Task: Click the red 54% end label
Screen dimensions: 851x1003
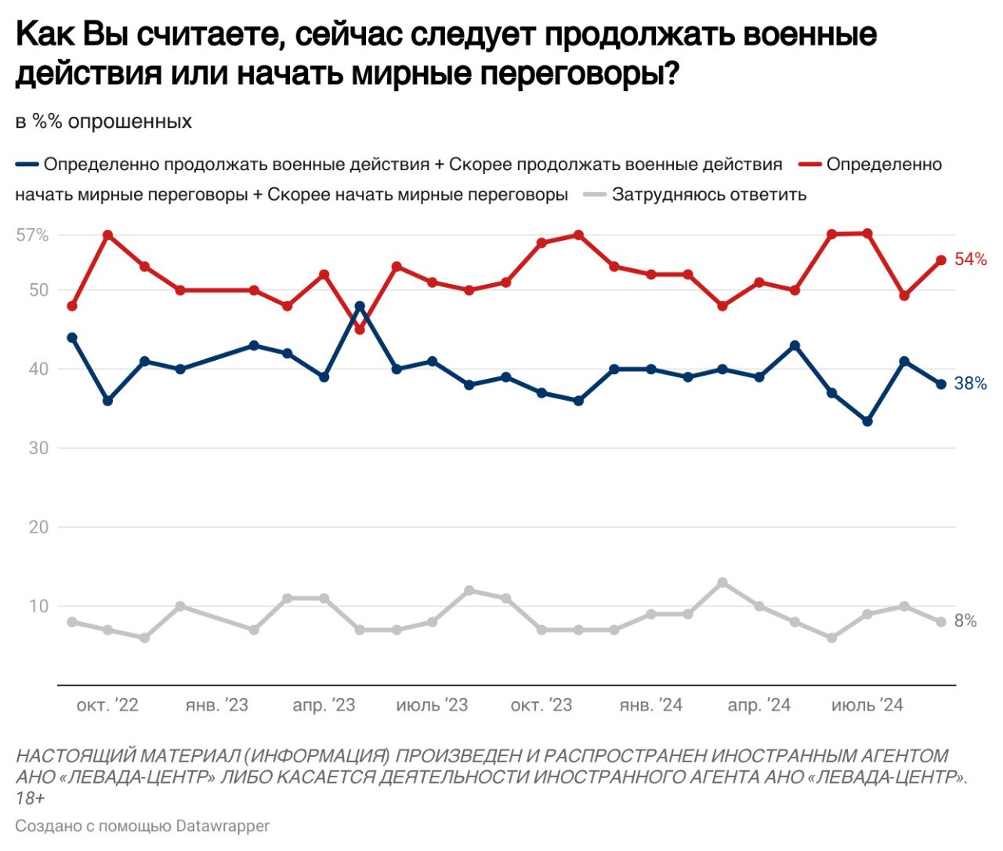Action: tap(970, 260)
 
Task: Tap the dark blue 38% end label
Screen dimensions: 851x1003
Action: tap(970, 384)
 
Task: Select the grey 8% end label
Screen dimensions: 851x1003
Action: tap(966, 621)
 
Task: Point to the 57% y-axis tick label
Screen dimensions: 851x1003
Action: tap(32, 235)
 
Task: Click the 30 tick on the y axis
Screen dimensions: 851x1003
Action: tap(38, 448)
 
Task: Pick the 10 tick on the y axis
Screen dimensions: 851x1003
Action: tap(38, 606)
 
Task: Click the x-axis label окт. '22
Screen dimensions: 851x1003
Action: tap(107, 705)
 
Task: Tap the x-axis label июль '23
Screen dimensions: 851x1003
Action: tap(432, 705)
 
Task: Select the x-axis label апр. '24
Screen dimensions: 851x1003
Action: tap(759, 705)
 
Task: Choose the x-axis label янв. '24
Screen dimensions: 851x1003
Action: tap(650, 705)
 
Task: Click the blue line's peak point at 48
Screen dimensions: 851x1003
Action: tap(360, 306)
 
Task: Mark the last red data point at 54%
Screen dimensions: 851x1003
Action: tap(941, 260)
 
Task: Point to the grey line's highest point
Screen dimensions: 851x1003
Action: tap(722, 583)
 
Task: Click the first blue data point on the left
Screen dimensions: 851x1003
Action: tap(72, 337)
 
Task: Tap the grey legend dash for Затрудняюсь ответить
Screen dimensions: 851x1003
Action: tap(596, 195)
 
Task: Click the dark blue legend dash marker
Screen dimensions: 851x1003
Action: tap(27, 165)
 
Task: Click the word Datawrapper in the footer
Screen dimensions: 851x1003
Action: tap(223, 826)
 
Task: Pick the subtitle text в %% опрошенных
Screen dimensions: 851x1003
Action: tap(103, 122)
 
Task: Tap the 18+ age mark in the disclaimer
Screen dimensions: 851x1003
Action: tap(30, 798)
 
